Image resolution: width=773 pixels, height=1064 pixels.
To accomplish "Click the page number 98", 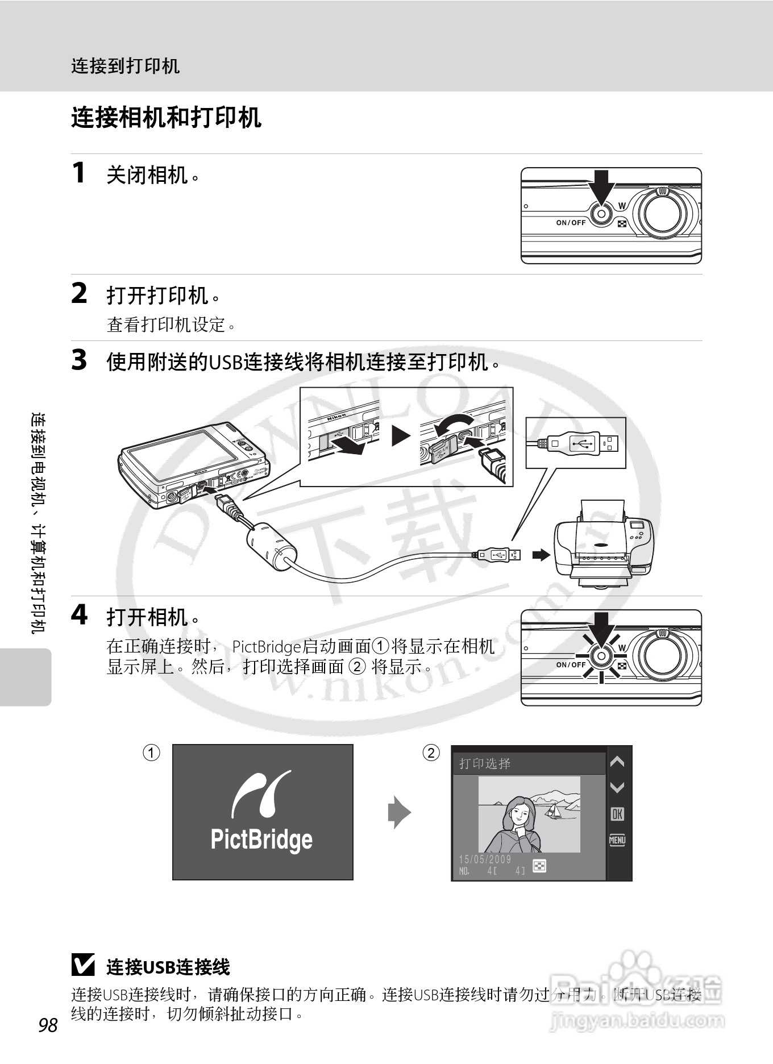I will (x=48, y=1025).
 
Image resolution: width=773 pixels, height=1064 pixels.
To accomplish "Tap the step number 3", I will (x=79, y=360).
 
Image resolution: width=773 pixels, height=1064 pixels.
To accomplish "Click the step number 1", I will (x=79, y=172).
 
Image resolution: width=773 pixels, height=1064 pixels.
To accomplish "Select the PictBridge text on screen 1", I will (x=261, y=839).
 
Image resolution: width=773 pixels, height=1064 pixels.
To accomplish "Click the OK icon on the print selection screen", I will (x=617, y=814).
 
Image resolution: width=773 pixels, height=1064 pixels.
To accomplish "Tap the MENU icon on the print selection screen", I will (x=617, y=840).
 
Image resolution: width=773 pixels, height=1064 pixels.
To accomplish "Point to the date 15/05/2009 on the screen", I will (x=485, y=859).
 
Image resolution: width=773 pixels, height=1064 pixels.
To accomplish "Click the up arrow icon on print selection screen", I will (x=617, y=762).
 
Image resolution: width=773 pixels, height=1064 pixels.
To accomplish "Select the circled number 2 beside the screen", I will (x=431, y=753).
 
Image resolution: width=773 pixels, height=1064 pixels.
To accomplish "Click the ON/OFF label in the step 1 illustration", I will (x=571, y=223).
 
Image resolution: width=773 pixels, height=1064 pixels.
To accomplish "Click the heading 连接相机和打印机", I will (x=166, y=118).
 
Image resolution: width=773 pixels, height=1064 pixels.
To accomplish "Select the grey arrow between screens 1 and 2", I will (x=399, y=813).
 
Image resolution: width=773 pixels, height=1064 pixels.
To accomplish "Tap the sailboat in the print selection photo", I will (x=551, y=812).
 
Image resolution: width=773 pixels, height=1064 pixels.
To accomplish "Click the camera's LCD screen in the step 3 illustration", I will (x=182, y=454).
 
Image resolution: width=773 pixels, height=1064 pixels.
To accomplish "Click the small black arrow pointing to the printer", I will (x=541, y=555).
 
